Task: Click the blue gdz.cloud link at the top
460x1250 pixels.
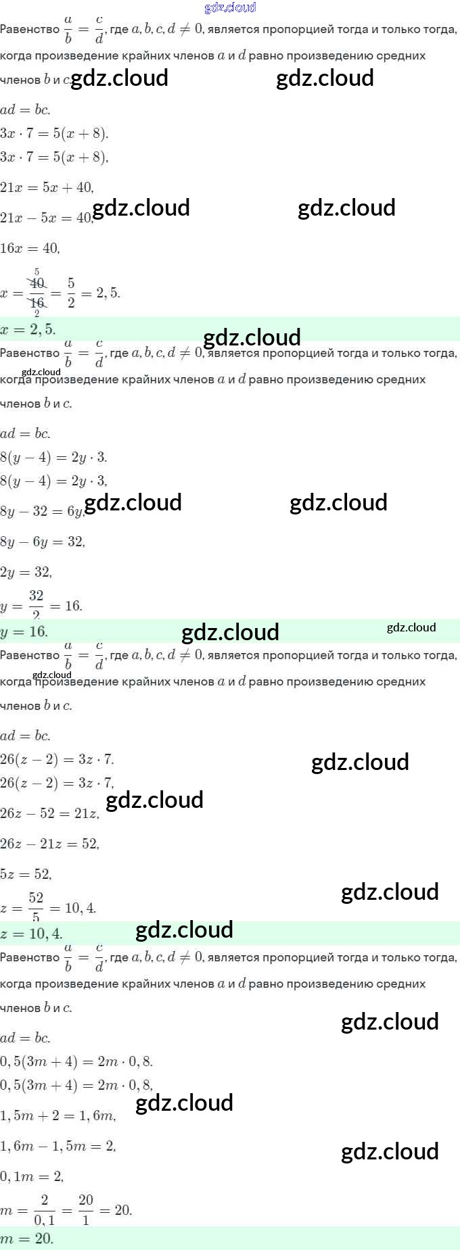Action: [230, 7]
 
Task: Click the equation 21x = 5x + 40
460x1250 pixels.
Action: [47, 187]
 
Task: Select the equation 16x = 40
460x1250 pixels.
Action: [30, 248]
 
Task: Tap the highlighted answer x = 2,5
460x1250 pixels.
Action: [28, 329]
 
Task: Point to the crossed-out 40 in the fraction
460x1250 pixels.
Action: [37, 283]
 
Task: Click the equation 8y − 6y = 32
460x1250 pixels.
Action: [43, 542]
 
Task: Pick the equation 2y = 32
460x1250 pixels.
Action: [26, 572]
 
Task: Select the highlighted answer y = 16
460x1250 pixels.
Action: [24, 631]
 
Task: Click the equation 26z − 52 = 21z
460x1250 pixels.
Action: [49, 813]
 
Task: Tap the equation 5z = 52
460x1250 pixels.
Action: [26, 874]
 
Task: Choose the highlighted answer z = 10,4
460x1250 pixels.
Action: [31, 934]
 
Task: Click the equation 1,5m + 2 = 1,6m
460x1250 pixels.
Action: [57, 1115]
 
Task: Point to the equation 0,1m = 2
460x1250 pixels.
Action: [32, 1176]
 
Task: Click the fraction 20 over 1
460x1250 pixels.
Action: [86, 1209]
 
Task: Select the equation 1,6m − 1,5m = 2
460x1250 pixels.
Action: [57, 1146]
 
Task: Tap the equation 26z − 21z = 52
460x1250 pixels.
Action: [49, 844]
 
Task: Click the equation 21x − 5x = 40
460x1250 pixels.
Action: [47, 218]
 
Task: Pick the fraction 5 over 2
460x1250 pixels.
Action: [71, 293]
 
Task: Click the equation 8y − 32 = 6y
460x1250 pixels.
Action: [43, 511]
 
